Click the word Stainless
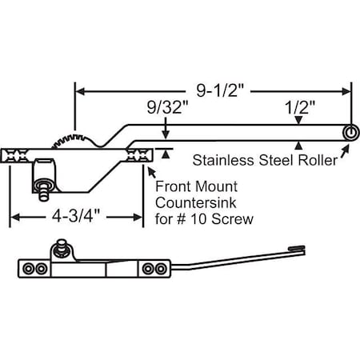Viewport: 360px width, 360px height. (x=222, y=158)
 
